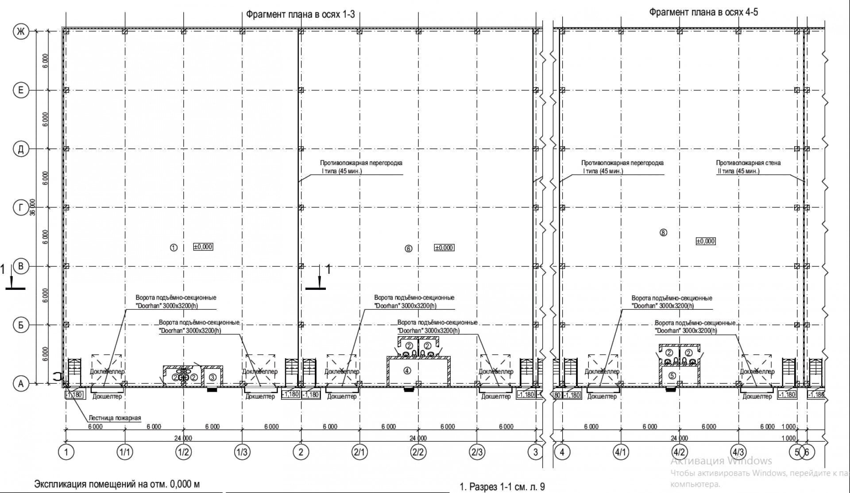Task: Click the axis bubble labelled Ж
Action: pyautogui.click(x=20, y=31)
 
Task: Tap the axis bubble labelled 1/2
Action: pyautogui.click(x=183, y=452)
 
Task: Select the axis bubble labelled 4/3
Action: pyautogui.click(x=738, y=452)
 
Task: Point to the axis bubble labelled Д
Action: pyautogui.click(x=20, y=149)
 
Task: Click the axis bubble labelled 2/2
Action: pyautogui.click(x=418, y=452)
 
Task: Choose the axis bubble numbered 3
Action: pyautogui.click(x=536, y=452)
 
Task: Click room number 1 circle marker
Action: pyautogui.click(x=174, y=247)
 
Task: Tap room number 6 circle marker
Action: pyautogui.click(x=408, y=249)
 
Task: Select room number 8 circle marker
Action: pyautogui.click(x=663, y=232)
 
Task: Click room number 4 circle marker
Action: pyautogui.click(x=407, y=371)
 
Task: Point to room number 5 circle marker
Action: pyautogui.click(x=672, y=376)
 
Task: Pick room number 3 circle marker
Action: pyautogui.click(x=212, y=377)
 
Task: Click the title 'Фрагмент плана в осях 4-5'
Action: pyautogui.click(x=703, y=12)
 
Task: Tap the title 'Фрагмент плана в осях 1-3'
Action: pyautogui.click(x=300, y=14)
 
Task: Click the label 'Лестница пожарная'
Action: pyautogui.click(x=115, y=418)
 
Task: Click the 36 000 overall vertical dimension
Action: pyautogui.click(x=32, y=207)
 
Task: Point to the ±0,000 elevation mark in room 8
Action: pyautogui.click(x=705, y=241)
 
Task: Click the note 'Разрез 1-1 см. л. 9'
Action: pyautogui.click(x=506, y=487)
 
